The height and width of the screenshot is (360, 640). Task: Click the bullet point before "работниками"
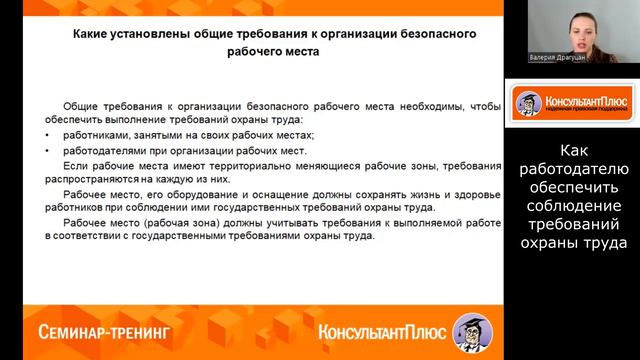point(49,135)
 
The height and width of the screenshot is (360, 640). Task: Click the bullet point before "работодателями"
point(49,150)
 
